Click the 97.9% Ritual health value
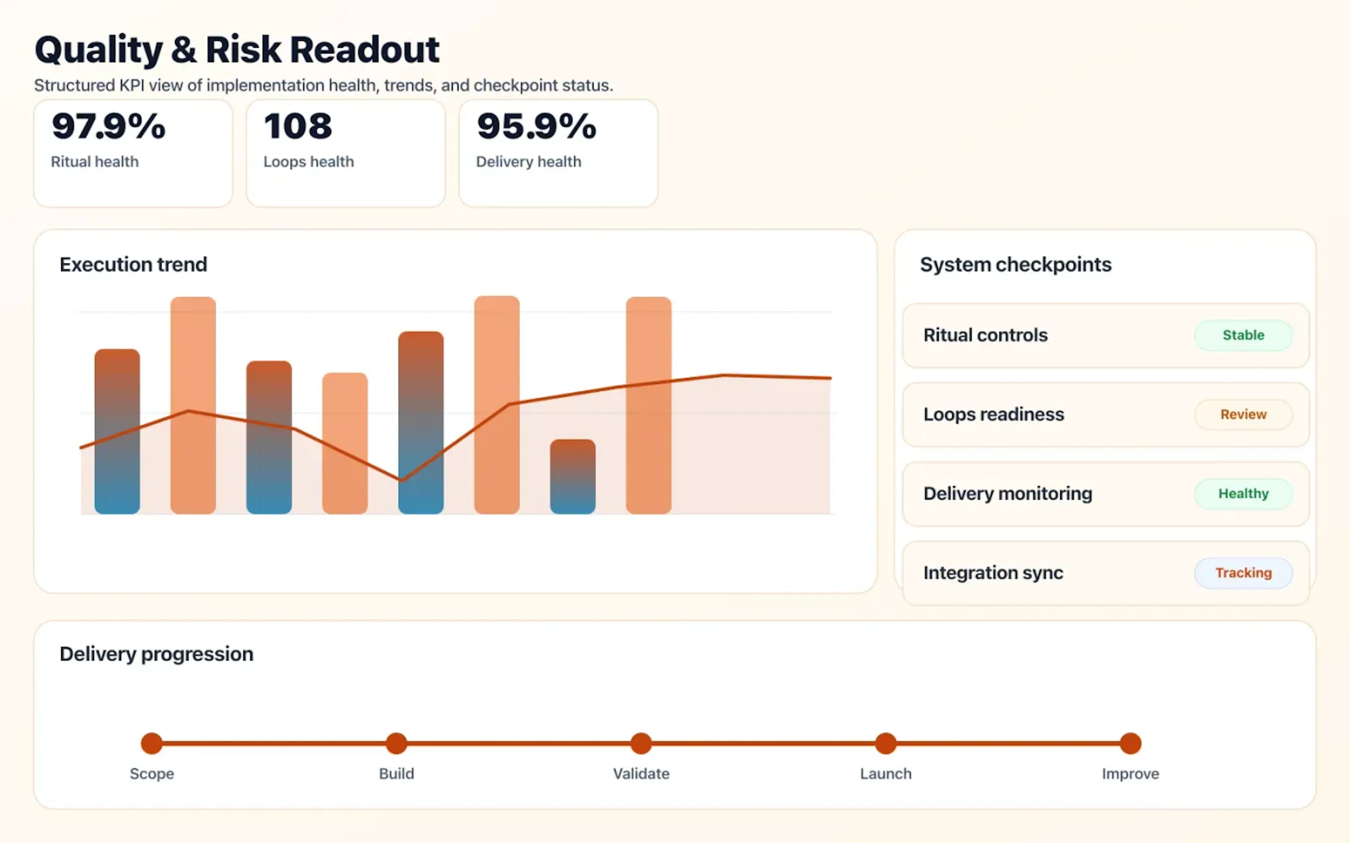coord(108,126)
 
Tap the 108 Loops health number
coord(298,126)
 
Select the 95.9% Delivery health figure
coord(536,126)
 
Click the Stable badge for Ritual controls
coord(1243,335)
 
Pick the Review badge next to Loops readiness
coord(1243,414)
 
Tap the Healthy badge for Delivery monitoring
coord(1243,494)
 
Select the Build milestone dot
coord(396,743)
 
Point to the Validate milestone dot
coord(641,743)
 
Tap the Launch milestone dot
coord(885,743)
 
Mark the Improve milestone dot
coord(1130,743)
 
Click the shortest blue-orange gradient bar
coord(572,477)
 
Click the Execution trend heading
coord(133,264)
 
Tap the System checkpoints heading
coord(1015,264)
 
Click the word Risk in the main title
coord(243,50)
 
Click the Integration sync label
coord(993,573)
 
